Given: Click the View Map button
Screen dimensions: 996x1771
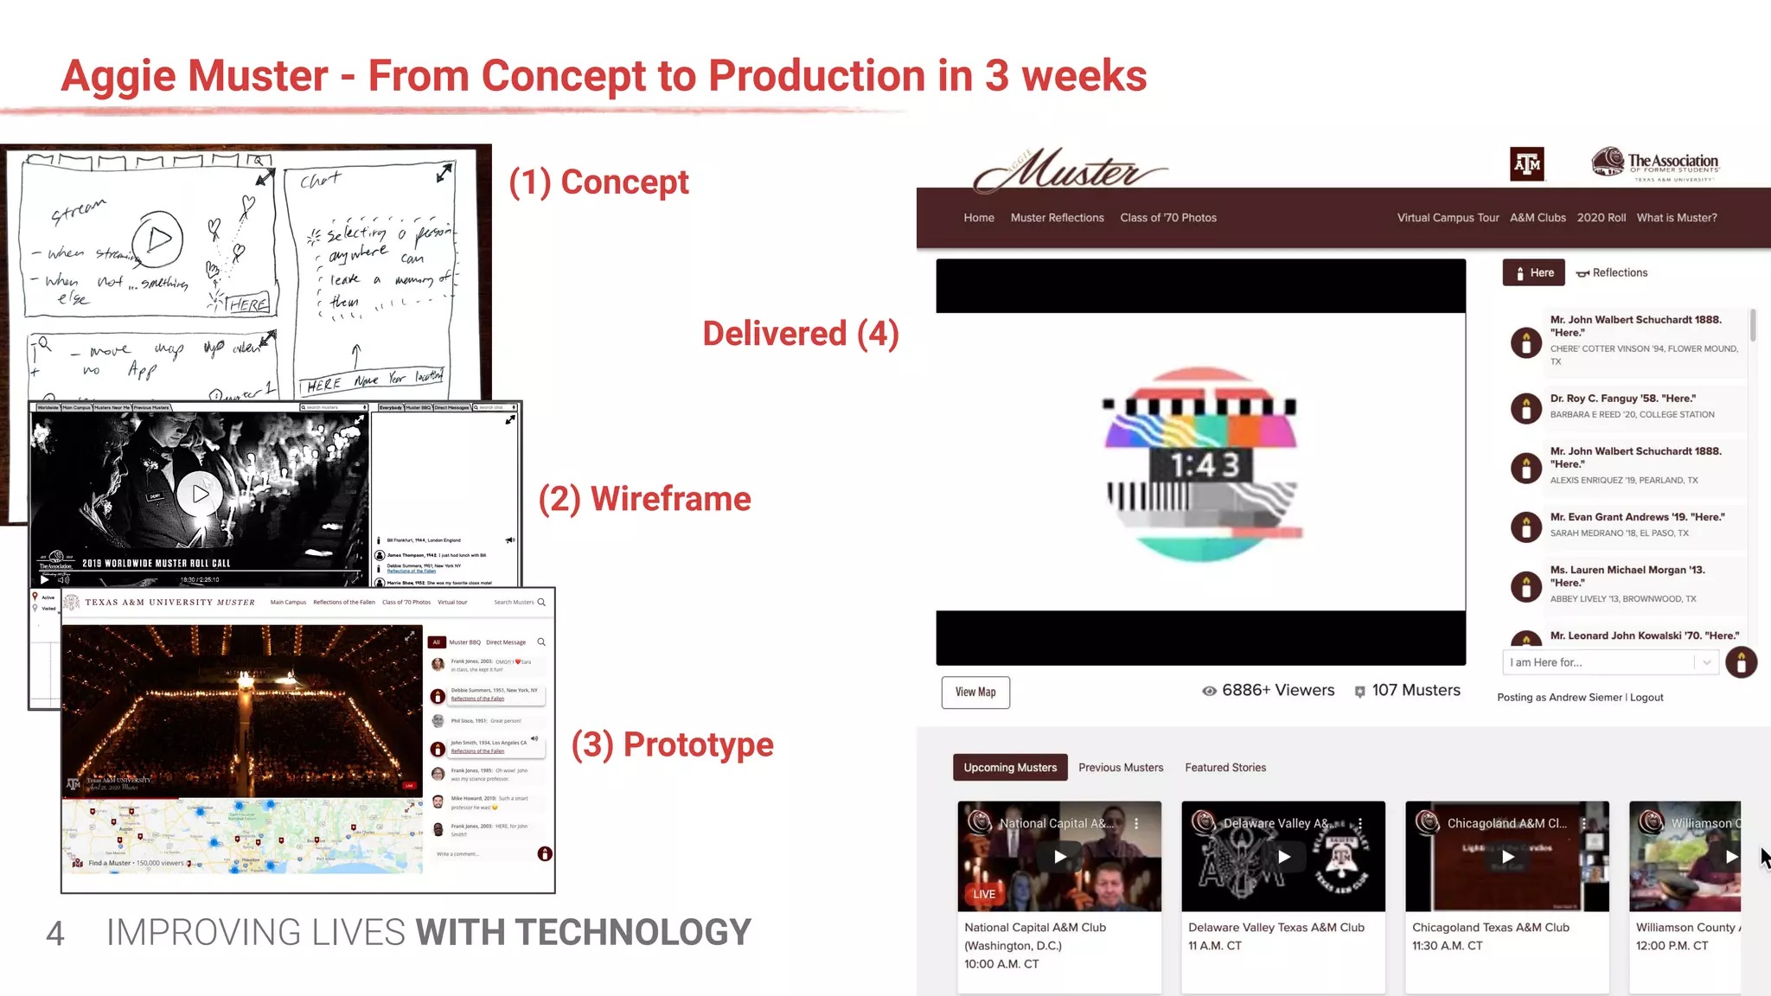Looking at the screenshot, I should (x=975, y=692).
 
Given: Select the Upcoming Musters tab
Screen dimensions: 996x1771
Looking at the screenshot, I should (x=1010, y=767).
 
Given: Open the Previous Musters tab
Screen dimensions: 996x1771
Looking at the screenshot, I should (x=1121, y=767).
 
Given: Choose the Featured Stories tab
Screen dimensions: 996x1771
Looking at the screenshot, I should (x=1225, y=767).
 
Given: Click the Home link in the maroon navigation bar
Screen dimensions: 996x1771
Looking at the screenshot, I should (x=979, y=218).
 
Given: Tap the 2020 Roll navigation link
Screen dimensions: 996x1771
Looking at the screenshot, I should (x=1601, y=218).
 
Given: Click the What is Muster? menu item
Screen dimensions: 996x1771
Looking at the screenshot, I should (x=1677, y=218).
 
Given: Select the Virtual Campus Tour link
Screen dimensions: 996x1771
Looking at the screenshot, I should (x=1448, y=218).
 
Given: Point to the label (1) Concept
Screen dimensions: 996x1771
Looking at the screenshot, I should (x=598, y=182).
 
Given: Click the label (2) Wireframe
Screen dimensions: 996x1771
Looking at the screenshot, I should (x=644, y=499).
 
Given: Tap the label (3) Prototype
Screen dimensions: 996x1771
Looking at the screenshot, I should (x=672, y=744).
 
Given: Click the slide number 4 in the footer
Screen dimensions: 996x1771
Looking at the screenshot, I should (x=54, y=933).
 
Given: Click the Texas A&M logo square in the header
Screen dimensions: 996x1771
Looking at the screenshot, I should (x=1527, y=164).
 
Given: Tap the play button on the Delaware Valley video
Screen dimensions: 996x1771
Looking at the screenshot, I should (x=1284, y=857).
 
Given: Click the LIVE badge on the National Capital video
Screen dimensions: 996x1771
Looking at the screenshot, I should (x=984, y=894).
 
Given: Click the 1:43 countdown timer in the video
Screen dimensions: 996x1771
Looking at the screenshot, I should (x=1205, y=465).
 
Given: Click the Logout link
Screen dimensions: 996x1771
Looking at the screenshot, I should (x=1646, y=697).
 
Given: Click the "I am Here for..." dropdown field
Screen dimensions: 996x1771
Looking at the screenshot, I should (x=1600, y=662).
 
